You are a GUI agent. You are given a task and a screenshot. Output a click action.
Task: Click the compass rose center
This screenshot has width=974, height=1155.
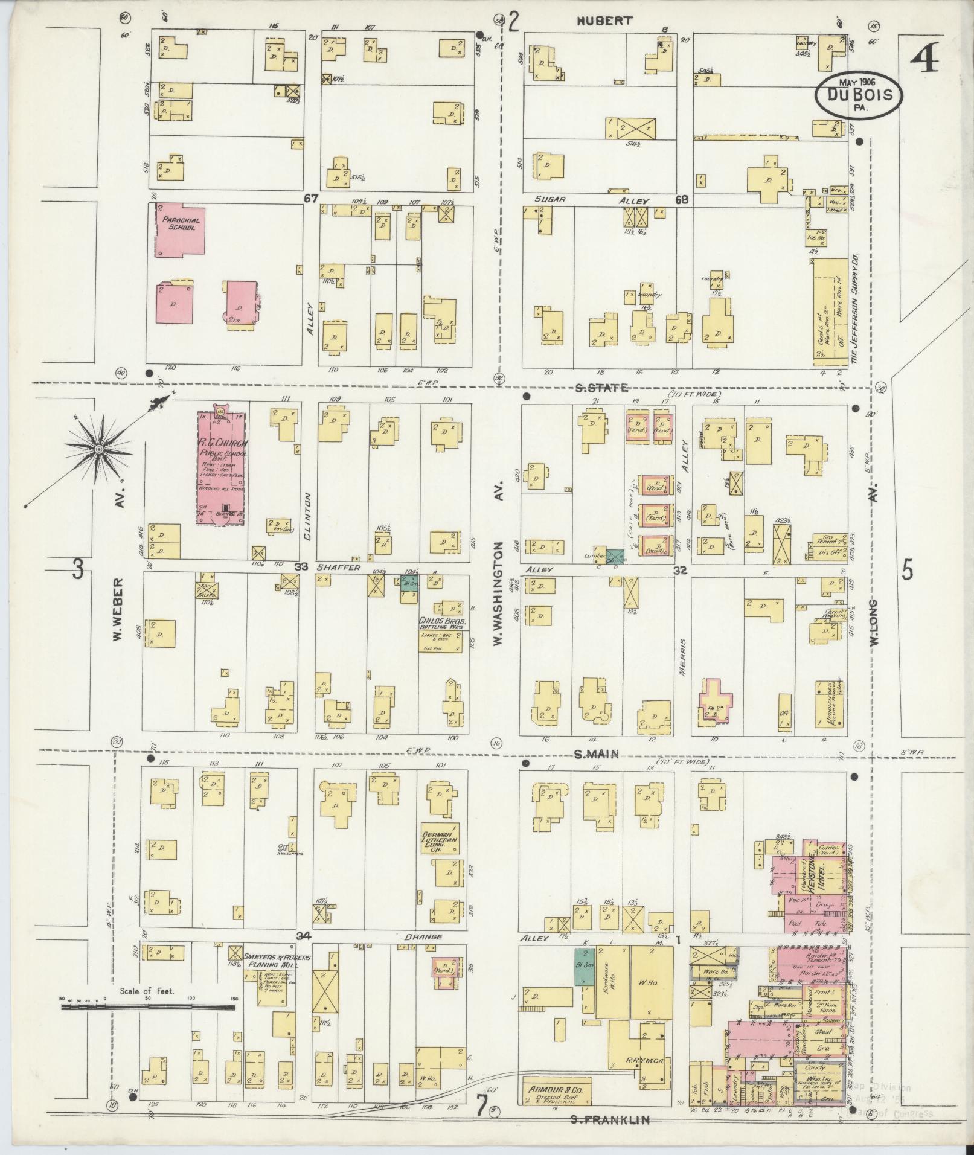tap(98, 449)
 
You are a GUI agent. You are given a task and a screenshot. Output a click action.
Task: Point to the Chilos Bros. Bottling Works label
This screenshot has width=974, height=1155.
tap(441, 623)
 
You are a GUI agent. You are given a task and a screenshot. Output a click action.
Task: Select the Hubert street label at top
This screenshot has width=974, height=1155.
tap(604, 21)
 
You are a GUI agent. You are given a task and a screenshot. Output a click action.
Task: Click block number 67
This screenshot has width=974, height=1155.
tap(311, 198)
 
